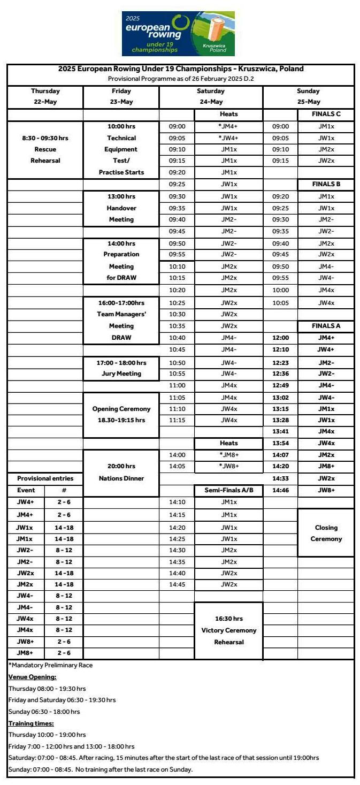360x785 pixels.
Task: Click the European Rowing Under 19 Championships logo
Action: tap(178, 33)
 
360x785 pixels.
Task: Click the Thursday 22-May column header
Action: tap(45, 96)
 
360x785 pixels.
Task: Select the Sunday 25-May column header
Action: tap(308, 96)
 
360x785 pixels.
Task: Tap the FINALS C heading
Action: tap(326, 114)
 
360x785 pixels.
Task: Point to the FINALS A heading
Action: tap(326, 326)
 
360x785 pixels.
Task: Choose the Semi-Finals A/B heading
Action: tap(228, 490)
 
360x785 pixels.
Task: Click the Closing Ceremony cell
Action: tap(326, 533)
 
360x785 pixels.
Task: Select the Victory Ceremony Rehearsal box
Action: tap(228, 630)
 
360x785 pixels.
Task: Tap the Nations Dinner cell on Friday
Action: tap(121, 472)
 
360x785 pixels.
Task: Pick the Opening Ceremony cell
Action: tap(121, 414)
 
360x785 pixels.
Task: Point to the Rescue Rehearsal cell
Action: tap(45, 149)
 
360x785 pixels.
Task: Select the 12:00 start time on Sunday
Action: tap(280, 338)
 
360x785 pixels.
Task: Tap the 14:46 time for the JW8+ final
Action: tap(280, 490)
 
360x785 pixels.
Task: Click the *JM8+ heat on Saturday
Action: tap(228, 455)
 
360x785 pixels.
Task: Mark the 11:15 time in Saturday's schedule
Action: tap(177, 420)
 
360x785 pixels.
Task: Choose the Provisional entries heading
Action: tap(45, 478)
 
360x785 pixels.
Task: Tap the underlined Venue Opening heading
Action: tap(32, 677)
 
